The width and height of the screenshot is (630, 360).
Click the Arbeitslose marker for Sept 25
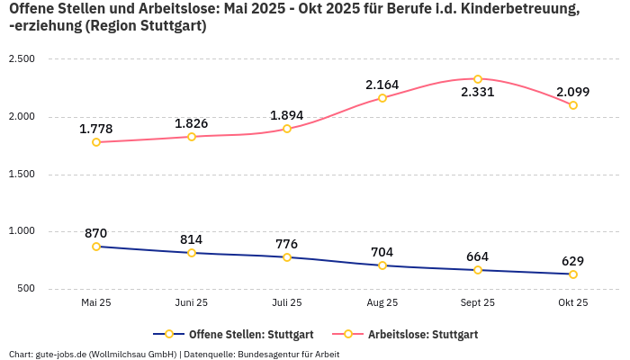click(x=478, y=79)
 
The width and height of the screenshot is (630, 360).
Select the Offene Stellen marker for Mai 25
click(x=96, y=247)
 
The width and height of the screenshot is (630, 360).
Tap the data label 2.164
click(x=382, y=85)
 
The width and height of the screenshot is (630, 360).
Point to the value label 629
click(x=572, y=261)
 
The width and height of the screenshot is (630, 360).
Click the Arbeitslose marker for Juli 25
click(x=287, y=129)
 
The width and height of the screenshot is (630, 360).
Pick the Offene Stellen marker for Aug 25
click(x=382, y=265)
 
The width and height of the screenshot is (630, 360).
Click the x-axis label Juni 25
click(x=192, y=303)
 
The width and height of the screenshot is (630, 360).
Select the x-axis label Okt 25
click(x=572, y=303)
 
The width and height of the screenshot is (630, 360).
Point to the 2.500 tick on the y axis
click(x=22, y=59)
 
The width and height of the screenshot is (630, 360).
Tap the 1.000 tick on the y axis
click(x=22, y=231)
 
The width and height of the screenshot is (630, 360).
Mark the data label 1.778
click(x=96, y=129)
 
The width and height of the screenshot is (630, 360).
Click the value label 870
click(x=96, y=233)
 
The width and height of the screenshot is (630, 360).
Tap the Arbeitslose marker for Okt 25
click(x=573, y=105)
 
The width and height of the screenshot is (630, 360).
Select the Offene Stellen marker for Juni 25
click(x=192, y=253)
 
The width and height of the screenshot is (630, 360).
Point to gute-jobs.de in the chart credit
click(x=61, y=354)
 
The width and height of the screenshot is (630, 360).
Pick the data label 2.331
click(x=478, y=93)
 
